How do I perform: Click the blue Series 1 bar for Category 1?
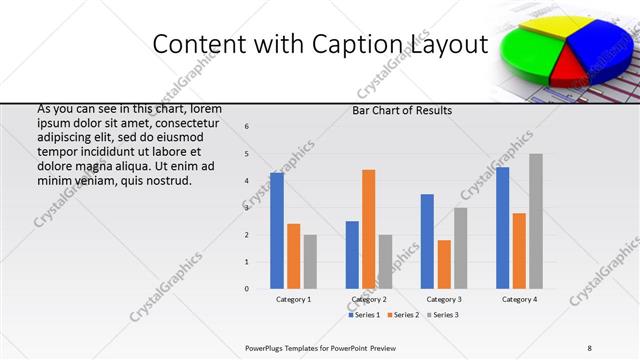(277, 231)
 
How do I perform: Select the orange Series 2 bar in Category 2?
(368, 229)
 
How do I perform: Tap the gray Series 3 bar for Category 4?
(536, 221)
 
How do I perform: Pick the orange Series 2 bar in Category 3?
(444, 264)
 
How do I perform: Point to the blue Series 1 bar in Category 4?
(502, 228)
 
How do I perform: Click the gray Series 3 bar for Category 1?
(310, 262)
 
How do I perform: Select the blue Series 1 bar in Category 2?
(352, 255)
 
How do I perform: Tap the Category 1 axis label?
(293, 299)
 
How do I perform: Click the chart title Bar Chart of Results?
(402, 110)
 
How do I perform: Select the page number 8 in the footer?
(590, 347)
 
